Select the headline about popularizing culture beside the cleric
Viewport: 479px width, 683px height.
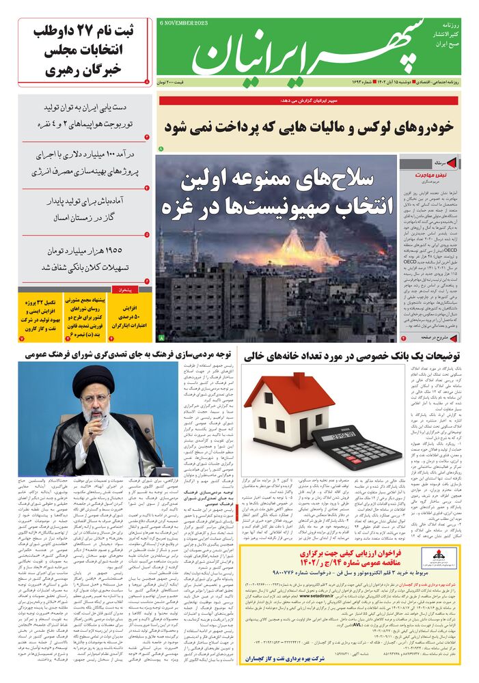(130, 355)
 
